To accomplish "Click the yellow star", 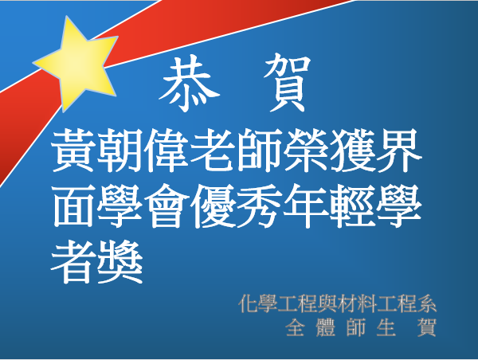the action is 76,63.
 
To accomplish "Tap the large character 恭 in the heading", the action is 190,83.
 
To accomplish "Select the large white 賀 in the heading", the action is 287,82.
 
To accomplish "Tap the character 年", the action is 306,205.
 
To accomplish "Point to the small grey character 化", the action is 248,303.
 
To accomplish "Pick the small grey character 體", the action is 326,327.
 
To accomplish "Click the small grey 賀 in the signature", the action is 427,327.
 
